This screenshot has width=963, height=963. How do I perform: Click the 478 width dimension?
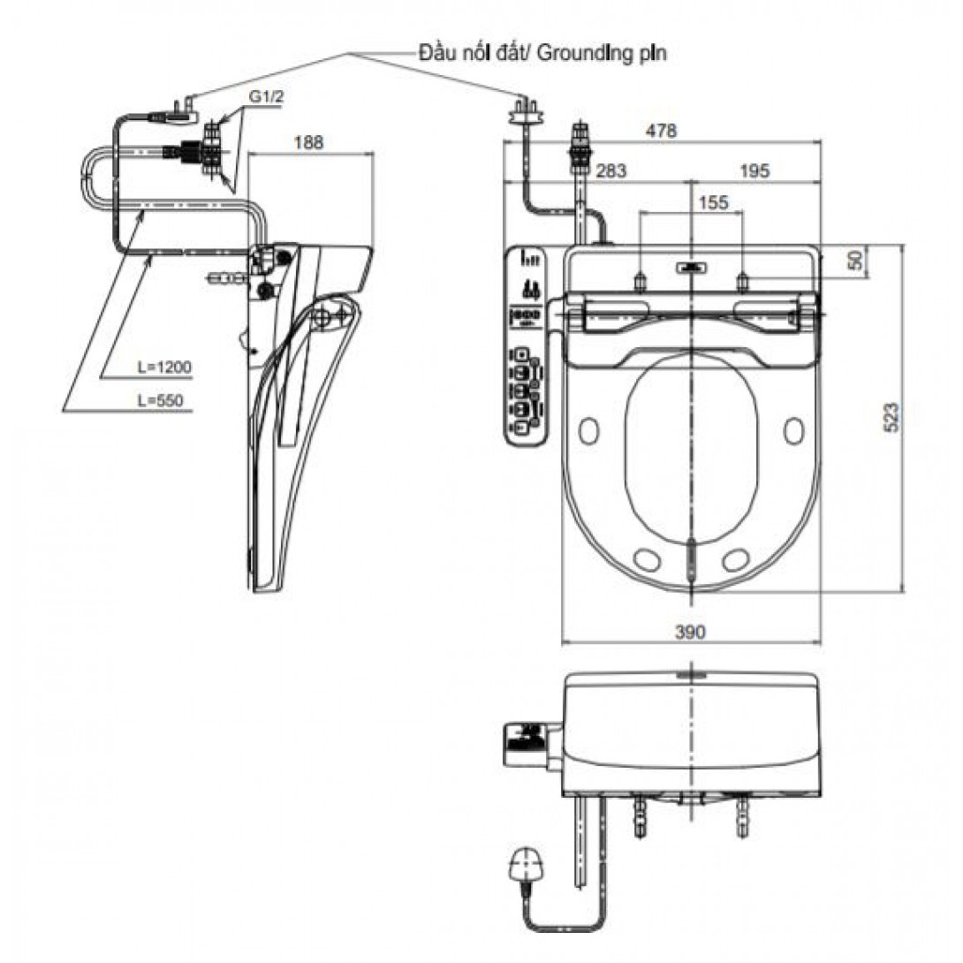[662, 131]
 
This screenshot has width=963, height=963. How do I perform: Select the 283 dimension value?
[611, 171]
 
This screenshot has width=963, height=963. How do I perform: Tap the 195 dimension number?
[754, 171]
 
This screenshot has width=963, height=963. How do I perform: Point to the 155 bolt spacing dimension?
[713, 202]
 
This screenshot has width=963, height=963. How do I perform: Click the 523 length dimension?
[891, 417]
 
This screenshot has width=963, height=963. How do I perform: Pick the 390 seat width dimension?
[690, 632]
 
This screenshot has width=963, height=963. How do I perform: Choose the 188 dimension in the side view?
[308, 142]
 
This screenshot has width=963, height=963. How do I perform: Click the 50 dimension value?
[855, 261]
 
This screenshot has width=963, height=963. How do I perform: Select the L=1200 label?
[164, 368]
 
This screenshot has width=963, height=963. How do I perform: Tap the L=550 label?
[160, 400]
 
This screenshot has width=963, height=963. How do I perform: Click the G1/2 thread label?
[267, 97]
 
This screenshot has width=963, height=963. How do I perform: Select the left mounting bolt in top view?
[640, 281]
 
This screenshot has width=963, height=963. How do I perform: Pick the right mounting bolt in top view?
[742, 281]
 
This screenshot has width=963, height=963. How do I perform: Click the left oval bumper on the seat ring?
[588, 430]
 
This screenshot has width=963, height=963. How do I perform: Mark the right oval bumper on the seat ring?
[793, 430]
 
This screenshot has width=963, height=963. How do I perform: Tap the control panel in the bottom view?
[526, 744]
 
